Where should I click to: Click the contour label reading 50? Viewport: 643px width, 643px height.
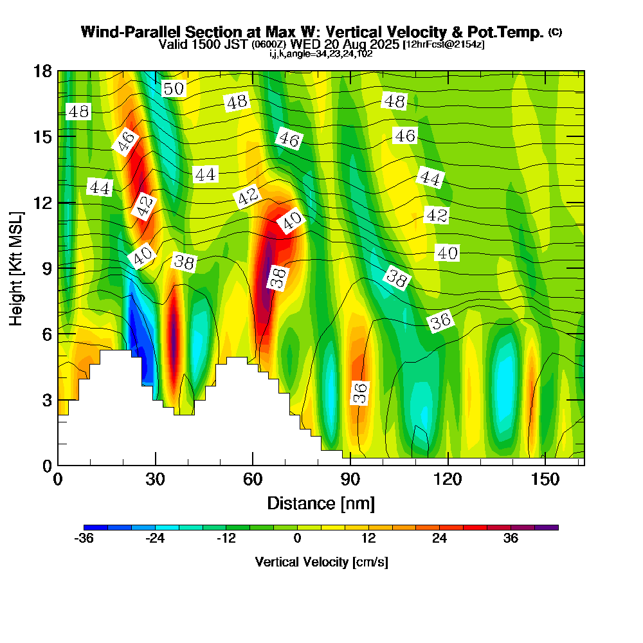click(x=174, y=89)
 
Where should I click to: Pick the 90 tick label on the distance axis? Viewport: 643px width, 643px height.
click(x=350, y=479)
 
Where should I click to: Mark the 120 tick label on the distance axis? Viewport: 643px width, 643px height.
click(x=448, y=479)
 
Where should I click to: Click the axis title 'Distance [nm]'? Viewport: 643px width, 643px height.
click(x=321, y=502)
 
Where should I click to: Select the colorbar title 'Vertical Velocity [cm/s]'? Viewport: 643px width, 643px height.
click(x=321, y=562)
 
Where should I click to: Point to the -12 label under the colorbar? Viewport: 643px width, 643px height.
click(x=226, y=539)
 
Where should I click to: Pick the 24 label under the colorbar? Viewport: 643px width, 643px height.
click(x=439, y=539)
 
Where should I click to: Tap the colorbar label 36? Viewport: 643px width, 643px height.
click(x=511, y=539)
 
